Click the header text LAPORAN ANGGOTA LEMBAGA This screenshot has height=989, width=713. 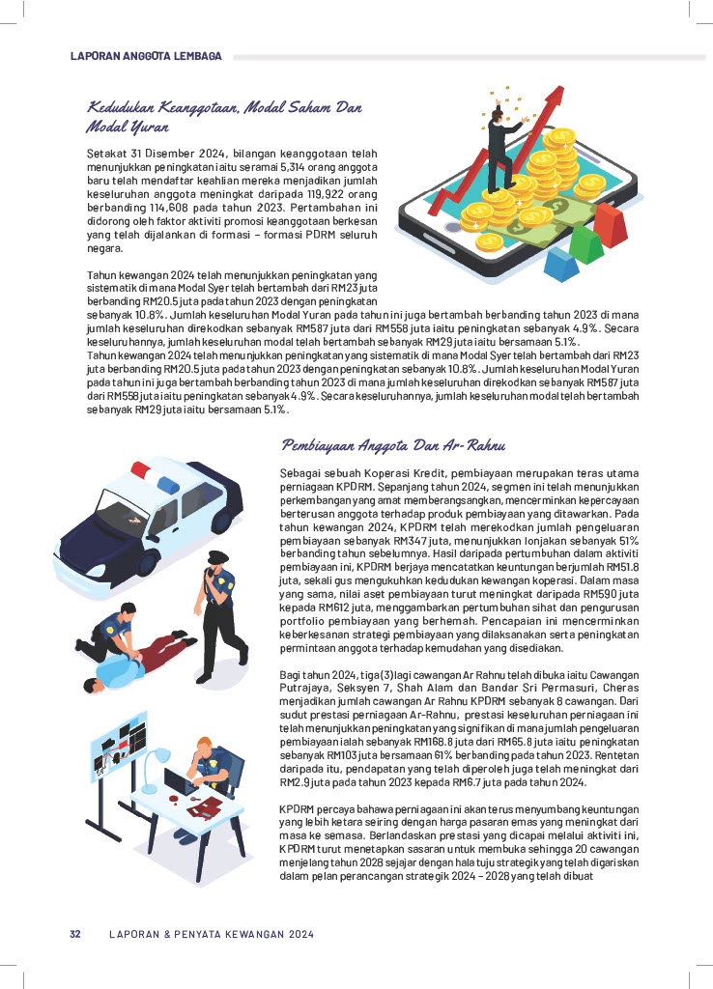(146, 56)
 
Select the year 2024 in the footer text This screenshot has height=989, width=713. (299, 934)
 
